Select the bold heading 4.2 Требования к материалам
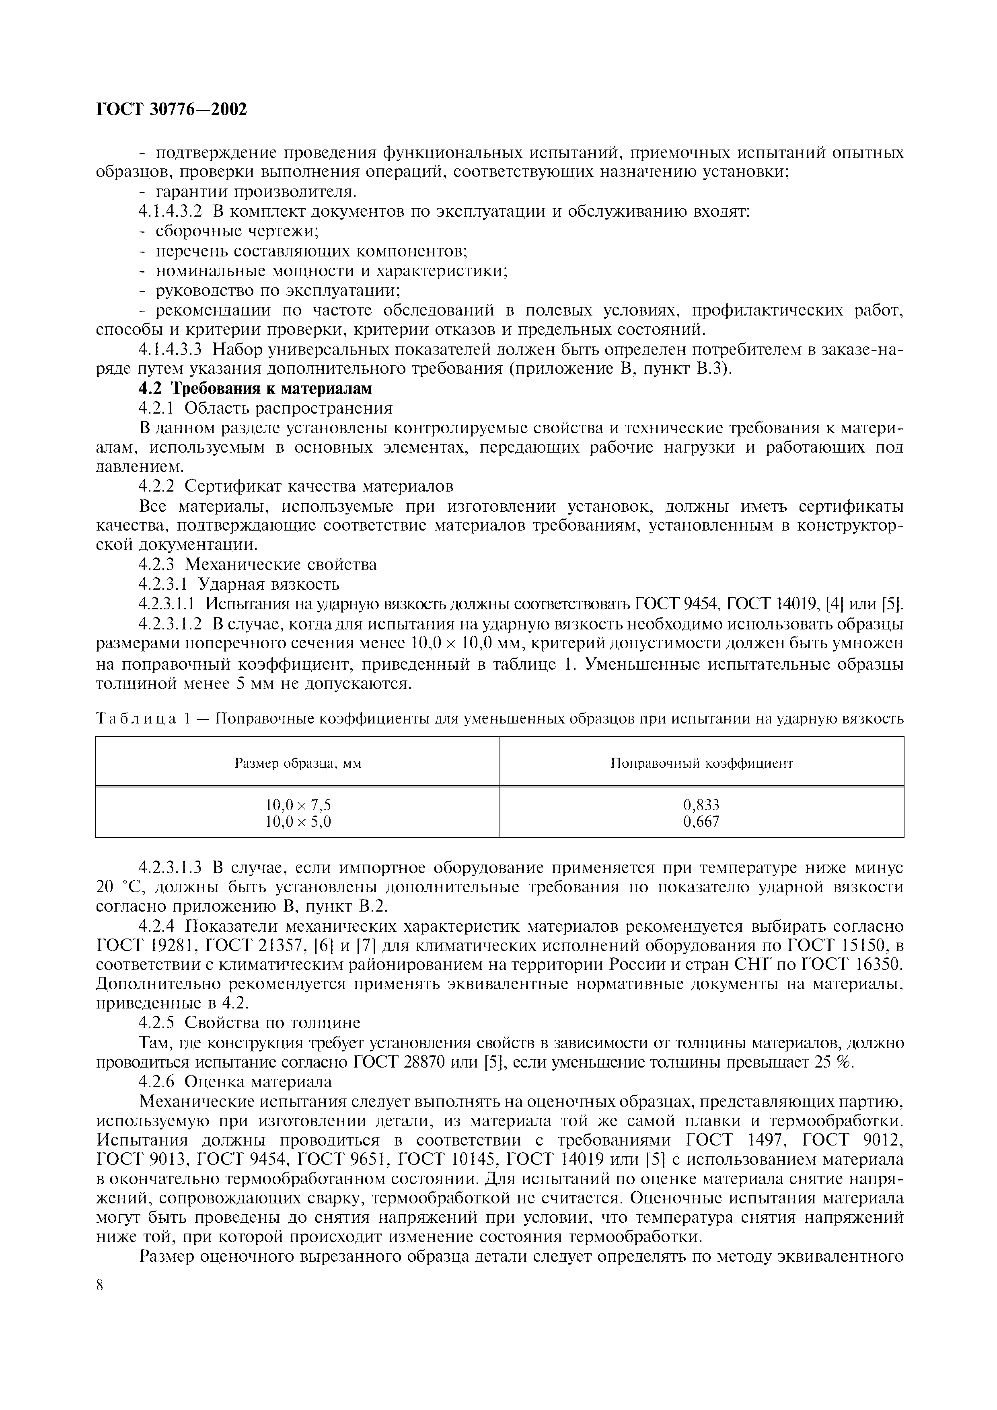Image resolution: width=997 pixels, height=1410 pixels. pyautogui.click(x=255, y=389)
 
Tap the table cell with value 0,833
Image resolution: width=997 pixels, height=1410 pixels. pyautogui.click(x=701, y=805)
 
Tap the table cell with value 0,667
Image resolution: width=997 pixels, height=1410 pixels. pyautogui.click(x=701, y=822)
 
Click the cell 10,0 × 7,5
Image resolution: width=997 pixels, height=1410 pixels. pyautogui.click(x=298, y=805)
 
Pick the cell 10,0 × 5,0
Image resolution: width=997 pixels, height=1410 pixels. pyautogui.click(x=298, y=822)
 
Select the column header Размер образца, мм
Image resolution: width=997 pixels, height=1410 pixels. pyautogui.click(x=298, y=763)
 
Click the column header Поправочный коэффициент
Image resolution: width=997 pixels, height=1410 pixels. pyautogui.click(x=701, y=763)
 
